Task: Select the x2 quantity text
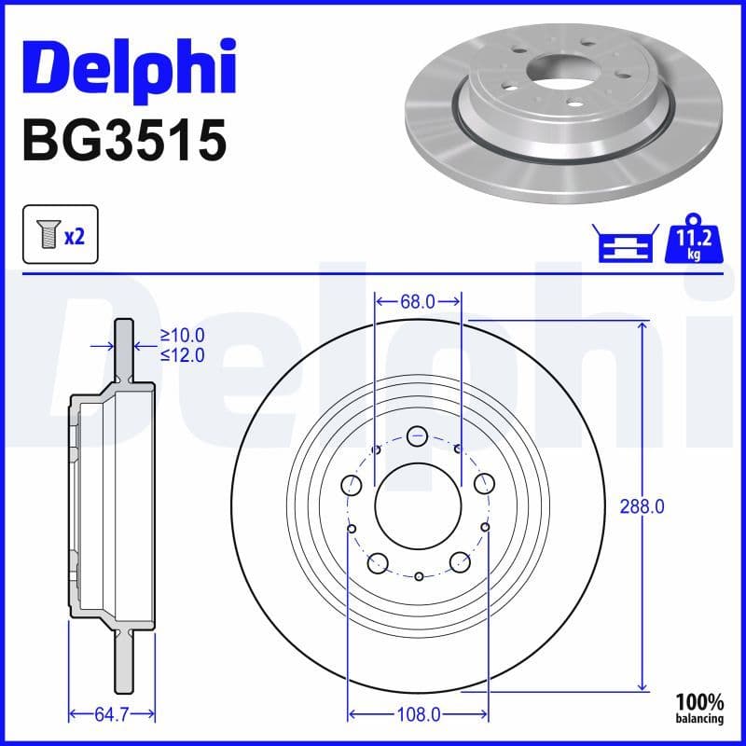[75, 237]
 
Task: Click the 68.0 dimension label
[418, 302]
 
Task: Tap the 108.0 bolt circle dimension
[418, 715]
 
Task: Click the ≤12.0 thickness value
[182, 354]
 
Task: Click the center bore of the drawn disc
[419, 505]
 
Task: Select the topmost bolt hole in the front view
[418, 435]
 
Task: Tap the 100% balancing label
[699, 707]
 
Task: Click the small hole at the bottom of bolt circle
[419, 577]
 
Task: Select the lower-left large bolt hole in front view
[378, 561]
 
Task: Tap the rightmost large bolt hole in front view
[483, 484]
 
